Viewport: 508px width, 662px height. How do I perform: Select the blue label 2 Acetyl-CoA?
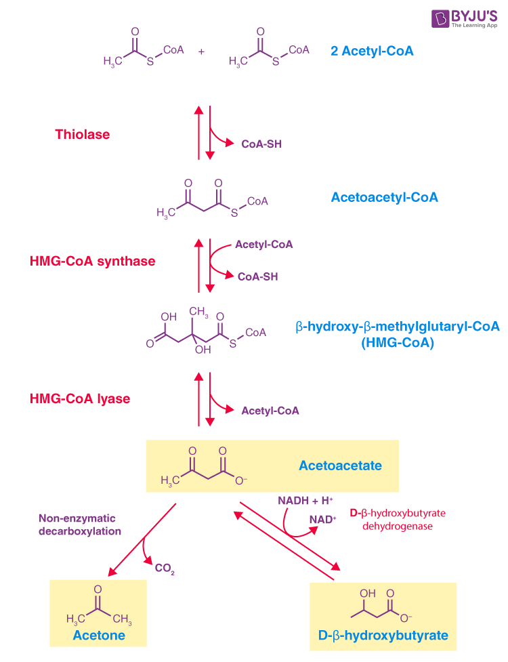[372, 50]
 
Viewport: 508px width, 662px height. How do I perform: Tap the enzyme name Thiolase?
[82, 134]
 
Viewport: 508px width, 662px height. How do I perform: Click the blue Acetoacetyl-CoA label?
[384, 197]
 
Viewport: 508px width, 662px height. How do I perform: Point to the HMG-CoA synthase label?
[92, 261]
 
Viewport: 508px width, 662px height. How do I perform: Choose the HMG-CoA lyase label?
[79, 399]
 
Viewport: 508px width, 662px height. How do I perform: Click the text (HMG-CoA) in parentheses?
[398, 343]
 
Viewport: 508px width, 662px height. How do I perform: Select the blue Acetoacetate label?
[340, 466]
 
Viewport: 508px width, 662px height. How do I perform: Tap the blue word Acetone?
[99, 635]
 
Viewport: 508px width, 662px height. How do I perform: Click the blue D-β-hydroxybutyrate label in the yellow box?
[383, 636]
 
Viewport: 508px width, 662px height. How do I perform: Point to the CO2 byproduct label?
[165, 569]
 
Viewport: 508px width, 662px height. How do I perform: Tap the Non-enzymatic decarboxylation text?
[80, 525]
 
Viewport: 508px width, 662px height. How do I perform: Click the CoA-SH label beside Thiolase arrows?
[261, 144]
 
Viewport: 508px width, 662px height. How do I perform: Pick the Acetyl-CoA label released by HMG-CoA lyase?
[270, 411]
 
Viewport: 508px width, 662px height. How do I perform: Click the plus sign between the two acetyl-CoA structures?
[201, 50]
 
